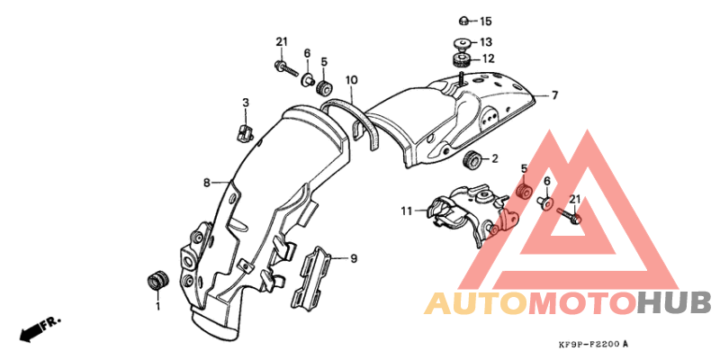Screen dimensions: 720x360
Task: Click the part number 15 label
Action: pos(485,21)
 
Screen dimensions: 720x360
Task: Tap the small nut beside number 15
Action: pos(464,21)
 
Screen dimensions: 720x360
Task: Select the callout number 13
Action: pos(486,42)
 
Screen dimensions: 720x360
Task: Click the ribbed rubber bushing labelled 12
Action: pos(460,59)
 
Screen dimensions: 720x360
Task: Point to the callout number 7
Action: pos(554,95)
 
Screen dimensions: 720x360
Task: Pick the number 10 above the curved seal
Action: pos(351,81)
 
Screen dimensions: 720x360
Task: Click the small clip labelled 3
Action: pos(246,133)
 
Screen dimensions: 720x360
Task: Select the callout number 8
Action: pos(207,184)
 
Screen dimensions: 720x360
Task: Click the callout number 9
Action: pos(354,259)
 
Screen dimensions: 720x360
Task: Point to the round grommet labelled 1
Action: pos(157,281)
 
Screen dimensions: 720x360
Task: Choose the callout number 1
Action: pos(158,306)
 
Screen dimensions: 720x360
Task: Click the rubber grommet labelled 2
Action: pos(471,161)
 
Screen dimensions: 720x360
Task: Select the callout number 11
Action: pos(407,211)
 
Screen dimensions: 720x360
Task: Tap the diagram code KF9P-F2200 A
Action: pos(593,344)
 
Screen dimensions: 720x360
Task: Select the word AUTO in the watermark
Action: pos(476,303)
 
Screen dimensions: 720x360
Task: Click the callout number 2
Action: pos(494,159)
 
